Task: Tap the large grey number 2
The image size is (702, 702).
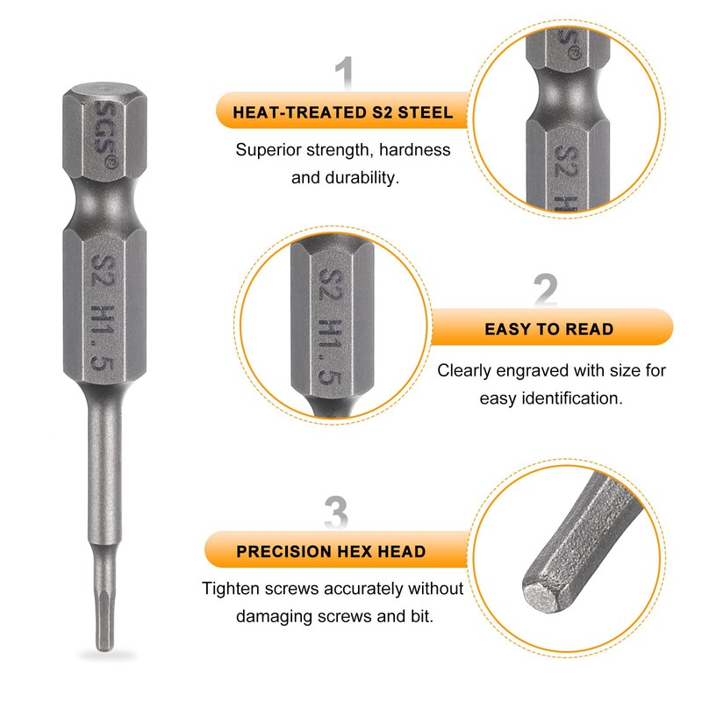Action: [545, 290]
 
